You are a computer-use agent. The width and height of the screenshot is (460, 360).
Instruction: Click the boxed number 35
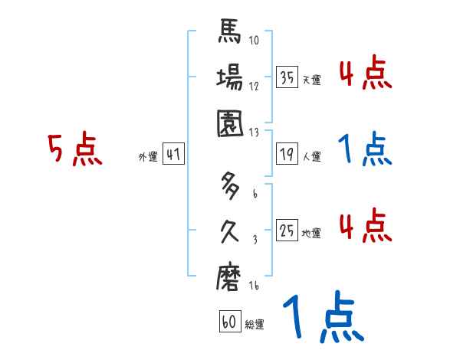[287, 77]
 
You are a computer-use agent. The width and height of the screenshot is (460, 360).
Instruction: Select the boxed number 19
[287, 154]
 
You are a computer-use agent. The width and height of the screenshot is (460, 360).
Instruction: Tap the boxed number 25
[287, 231]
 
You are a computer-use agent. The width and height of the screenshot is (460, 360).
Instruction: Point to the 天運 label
[311, 80]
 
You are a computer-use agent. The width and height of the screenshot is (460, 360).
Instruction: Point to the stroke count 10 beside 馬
[255, 41]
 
